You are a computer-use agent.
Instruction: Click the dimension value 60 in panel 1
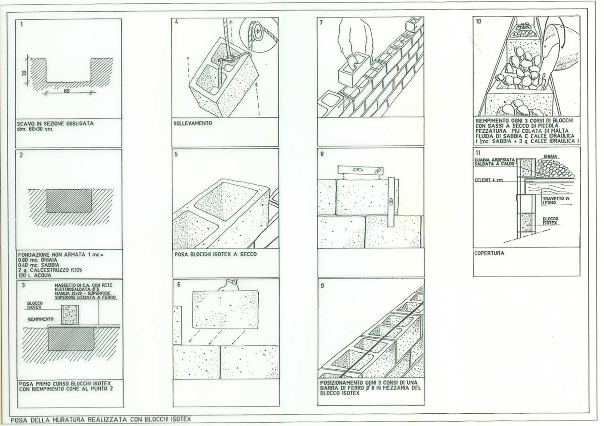coord(67,91)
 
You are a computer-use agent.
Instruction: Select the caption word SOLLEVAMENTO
coord(192,123)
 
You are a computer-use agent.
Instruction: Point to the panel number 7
coord(321,23)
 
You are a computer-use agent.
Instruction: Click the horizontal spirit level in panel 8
coord(360,170)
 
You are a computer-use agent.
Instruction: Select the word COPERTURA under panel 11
coord(489,253)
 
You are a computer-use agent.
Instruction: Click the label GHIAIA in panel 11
coord(550,157)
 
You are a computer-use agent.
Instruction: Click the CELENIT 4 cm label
coord(489,180)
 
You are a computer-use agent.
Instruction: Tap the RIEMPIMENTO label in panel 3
coord(40,319)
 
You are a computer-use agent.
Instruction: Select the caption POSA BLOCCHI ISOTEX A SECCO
coord(215,254)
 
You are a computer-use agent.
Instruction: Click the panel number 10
coord(478,21)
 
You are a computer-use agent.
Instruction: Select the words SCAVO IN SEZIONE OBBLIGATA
coord(55,123)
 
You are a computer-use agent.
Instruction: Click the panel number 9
coord(322,286)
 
